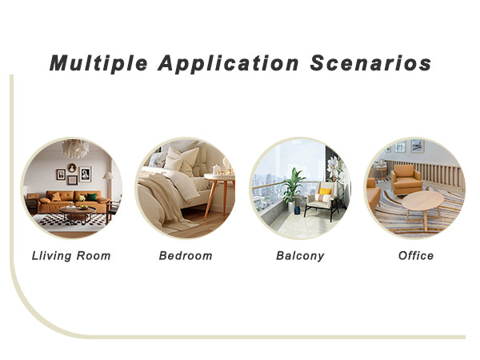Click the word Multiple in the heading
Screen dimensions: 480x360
(98, 64)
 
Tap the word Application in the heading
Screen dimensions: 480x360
(228, 64)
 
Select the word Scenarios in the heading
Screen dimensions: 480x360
(370, 63)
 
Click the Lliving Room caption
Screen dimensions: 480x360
(71, 256)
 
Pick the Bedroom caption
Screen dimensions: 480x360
(186, 256)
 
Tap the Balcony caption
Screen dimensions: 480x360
(300, 256)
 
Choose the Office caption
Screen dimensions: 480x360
(416, 256)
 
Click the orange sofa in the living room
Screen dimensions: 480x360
(74, 202)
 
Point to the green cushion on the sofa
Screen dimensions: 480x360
(91, 197)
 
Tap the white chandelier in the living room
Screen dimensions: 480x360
(76, 149)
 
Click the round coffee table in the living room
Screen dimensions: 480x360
(78, 214)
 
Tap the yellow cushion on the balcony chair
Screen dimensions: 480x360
(325, 191)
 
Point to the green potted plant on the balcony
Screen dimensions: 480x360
(294, 187)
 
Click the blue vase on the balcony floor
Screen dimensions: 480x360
(297, 210)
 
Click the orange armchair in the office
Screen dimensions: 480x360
(406, 180)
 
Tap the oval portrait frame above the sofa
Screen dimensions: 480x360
(72, 168)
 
